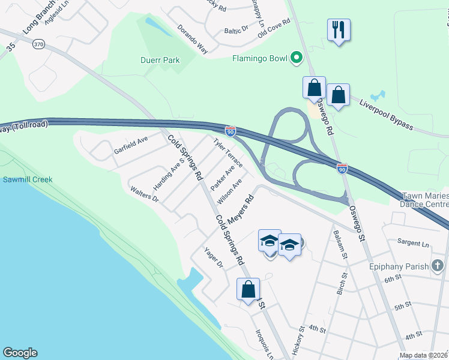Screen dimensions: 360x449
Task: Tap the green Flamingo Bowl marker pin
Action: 296,58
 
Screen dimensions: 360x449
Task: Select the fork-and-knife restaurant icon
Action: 339,29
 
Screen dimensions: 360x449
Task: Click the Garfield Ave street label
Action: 131,146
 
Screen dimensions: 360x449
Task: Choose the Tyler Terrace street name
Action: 228,152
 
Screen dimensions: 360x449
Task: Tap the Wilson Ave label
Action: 230,190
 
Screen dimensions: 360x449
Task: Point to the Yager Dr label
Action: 213,257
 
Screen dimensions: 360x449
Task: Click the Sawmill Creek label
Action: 27,179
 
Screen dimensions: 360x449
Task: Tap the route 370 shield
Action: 39,44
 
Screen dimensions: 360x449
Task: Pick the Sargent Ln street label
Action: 413,244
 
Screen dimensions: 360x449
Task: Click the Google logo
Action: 20,353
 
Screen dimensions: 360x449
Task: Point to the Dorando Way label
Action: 192,39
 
